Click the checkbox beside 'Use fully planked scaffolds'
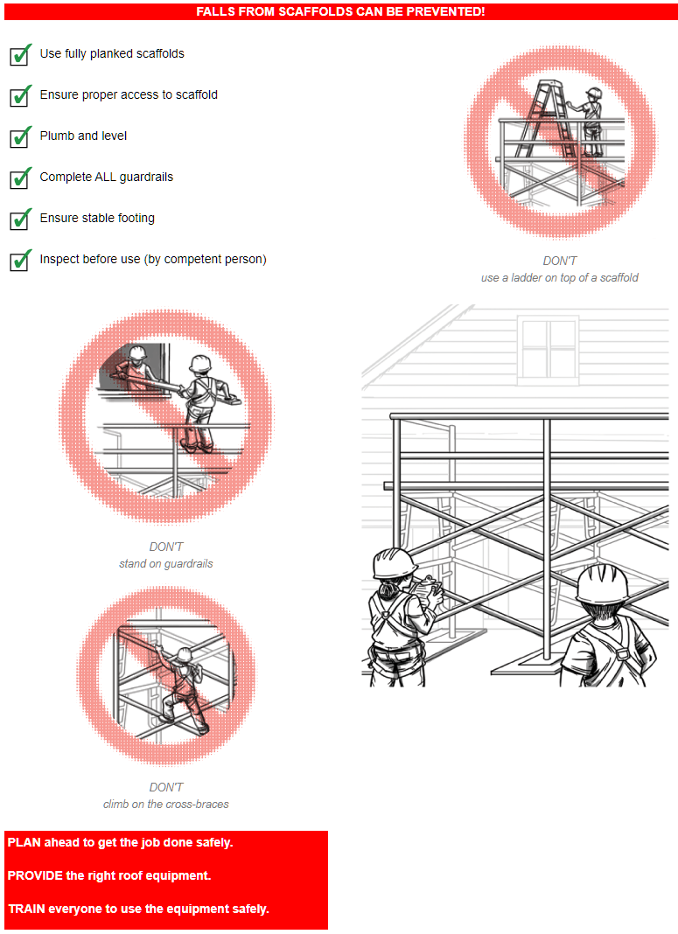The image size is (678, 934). coord(20,55)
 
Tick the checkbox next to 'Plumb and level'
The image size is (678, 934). coord(20,137)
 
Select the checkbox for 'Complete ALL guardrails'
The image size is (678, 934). coord(20,178)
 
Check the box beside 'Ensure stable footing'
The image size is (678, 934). coord(20,220)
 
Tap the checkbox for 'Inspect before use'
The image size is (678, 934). coord(20,261)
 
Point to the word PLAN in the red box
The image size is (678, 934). coord(24,842)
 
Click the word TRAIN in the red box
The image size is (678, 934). coord(26,909)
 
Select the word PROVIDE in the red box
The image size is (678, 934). coord(34,875)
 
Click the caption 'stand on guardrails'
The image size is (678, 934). coord(165,563)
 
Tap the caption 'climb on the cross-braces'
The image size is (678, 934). coord(165,805)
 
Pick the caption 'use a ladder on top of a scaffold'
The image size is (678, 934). coord(559,277)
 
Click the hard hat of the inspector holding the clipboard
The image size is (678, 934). coord(393,563)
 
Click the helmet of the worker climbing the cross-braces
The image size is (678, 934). coord(184,655)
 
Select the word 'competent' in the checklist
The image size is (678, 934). coord(191,259)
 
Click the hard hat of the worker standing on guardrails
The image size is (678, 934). coord(200,363)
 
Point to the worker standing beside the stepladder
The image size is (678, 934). coord(589,122)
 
